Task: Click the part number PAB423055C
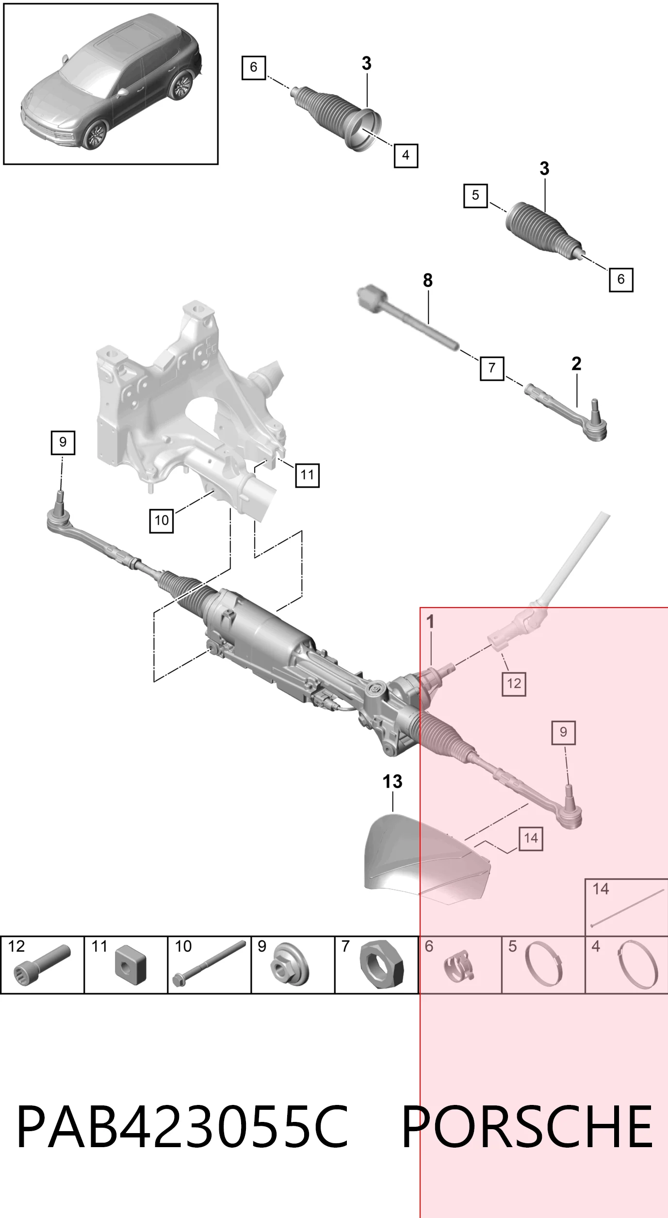[182, 1126]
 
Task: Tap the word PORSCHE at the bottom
[527, 1126]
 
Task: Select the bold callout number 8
[427, 280]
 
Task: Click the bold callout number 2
[576, 363]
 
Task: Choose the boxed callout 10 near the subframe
[162, 520]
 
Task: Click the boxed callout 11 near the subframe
[308, 475]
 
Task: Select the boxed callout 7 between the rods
[492, 368]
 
